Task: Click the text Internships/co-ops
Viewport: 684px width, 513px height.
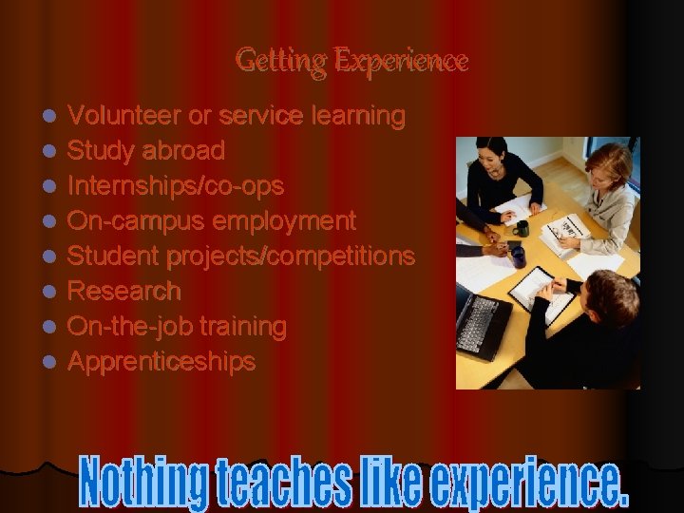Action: (176, 186)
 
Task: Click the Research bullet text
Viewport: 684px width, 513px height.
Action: (124, 291)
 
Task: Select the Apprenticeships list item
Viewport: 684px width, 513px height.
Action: (162, 362)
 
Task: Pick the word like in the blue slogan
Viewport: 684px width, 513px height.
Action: (393, 484)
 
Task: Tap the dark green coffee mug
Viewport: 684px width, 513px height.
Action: (521, 228)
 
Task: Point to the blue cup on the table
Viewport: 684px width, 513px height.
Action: (517, 256)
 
